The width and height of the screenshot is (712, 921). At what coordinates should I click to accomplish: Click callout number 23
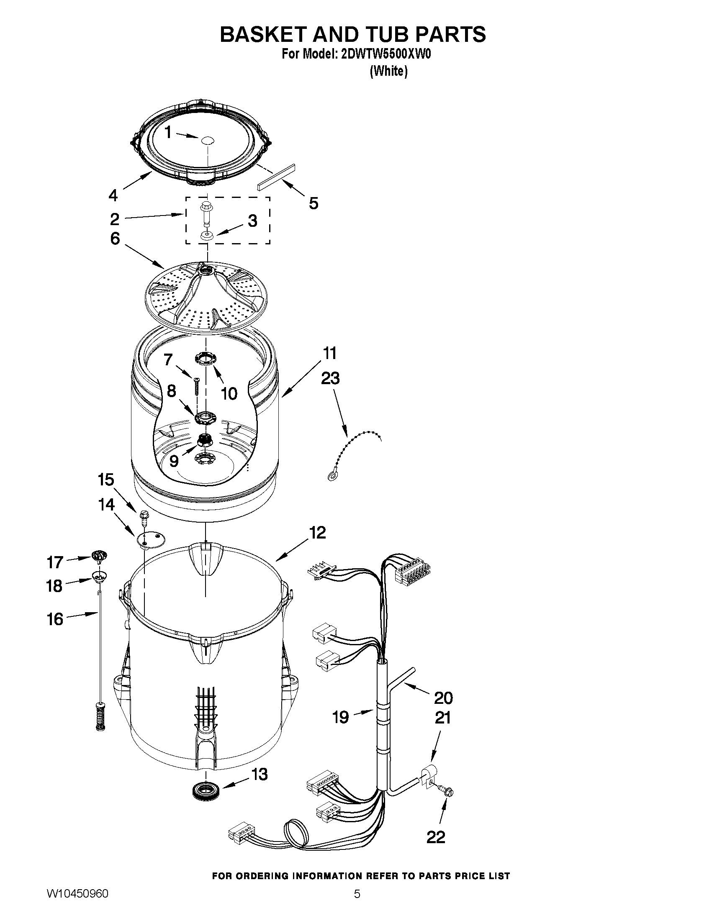click(330, 378)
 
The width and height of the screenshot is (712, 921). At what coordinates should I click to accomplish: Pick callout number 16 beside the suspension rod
click(55, 619)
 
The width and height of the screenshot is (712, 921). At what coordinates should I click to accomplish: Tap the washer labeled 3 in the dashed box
click(207, 235)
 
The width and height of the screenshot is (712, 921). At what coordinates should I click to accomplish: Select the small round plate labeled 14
click(150, 539)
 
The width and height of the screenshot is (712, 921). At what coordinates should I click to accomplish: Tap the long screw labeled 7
click(197, 385)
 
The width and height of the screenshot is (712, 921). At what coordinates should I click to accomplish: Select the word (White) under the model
click(388, 72)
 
